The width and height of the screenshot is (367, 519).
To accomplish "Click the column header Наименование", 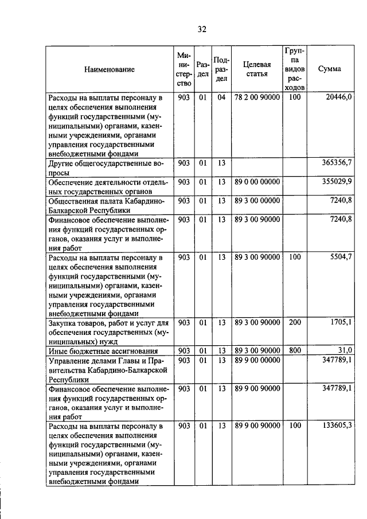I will (x=110, y=69).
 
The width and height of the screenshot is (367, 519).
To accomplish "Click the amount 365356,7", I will (x=335, y=163).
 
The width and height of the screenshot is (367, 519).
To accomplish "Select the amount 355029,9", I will (x=335, y=182).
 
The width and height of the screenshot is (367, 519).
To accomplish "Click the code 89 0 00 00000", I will (x=257, y=182).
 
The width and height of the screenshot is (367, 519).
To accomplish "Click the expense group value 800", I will (x=295, y=350).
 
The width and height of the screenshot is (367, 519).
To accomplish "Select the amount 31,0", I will (x=344, y=350).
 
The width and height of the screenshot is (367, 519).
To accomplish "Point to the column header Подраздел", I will (x=221, y=69).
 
